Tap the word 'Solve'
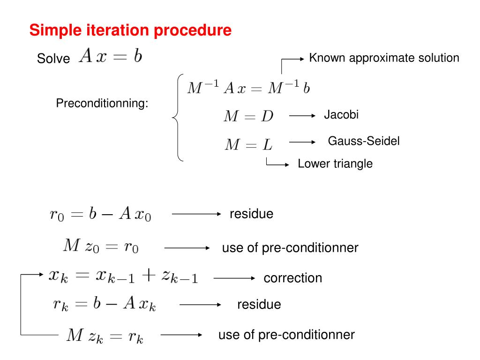(x=53, y=58)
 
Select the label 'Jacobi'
(x=341, y=115)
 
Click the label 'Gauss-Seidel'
(x=364, y=141)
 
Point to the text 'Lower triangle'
(x=335, y=164)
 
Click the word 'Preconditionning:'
(x=102, y=103)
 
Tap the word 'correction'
(x=292, y=278)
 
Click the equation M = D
(x=248, y=116)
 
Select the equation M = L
(x=248, y=144)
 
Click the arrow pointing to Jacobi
(x=302, y=116)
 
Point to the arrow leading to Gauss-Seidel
(x=302, y=142)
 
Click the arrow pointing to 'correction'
(x=234, y=278)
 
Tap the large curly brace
(x=178, y=117)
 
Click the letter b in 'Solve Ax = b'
(x=138, y=56)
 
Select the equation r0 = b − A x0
(x=100, y=213)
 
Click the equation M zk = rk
(x=105, y=336)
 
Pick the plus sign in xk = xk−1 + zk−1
(x=149, y=275)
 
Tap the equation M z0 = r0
(x=101, y=246)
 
